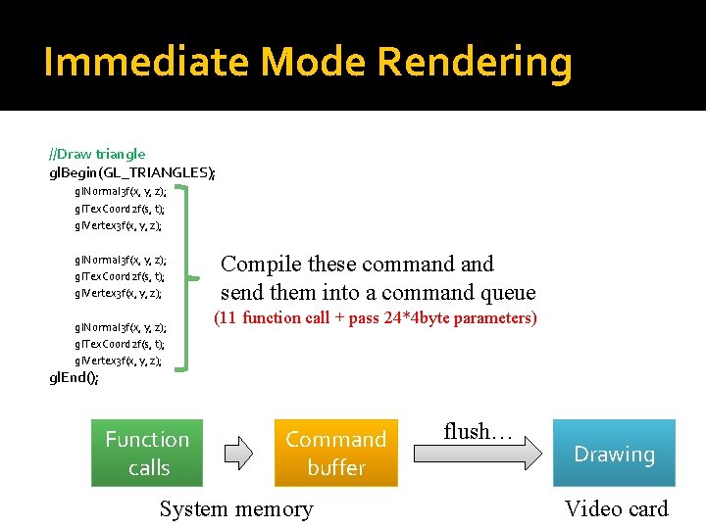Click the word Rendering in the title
click(x=474, y=63)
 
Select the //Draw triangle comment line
click(x=97, y=154)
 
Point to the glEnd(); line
click(x=74, y=379)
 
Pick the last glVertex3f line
click(x=119, y=361)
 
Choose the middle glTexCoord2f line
click(x=120, y=276)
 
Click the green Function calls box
click(x=147, y=453)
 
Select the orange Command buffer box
click(x=336, y=453)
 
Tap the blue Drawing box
click(x=614, y=454)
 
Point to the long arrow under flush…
click(x=477, y=453)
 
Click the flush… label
click(x=479, y=431)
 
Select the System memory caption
click(x=236, y=508)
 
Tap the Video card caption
click(x=616, y=508)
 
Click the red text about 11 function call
click(x=376, y=317)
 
